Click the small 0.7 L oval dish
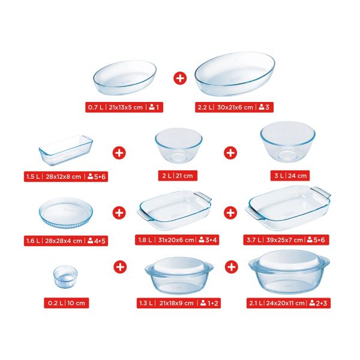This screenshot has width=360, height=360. click(x=125, y=77)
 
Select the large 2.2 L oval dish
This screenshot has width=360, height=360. click(x=235, y=74)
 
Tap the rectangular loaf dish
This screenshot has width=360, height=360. click(x=66, y=150)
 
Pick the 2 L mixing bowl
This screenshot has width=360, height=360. click(x=178, y=145)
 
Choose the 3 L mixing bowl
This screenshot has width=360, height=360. click(x=287, y=142)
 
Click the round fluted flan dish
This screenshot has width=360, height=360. click(x=66, y=212)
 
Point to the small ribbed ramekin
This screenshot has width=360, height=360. click(x=65, y=277)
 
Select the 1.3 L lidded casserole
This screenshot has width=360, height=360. click(x=179, y=275)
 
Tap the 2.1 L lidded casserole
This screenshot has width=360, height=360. click(x=289, y=272)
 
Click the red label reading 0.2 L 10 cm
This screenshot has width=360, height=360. click(x=67, y=303)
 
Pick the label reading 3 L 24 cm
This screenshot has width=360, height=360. click(x=290, y=176)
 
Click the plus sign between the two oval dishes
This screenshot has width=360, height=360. click(x=180, y=78)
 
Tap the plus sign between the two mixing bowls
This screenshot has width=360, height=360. click(x=230, y=153)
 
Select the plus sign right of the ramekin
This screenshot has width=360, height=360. click(x=120, y=267)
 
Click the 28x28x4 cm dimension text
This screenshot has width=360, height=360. click(x=64, y=241)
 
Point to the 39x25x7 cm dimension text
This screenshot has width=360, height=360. click(x=284, y=240)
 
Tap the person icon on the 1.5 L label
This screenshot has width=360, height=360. click(x=90, y=176)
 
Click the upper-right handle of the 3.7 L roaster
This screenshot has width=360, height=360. click(x=321, y=191)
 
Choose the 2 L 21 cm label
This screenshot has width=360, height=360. click(x=178, y=176)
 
